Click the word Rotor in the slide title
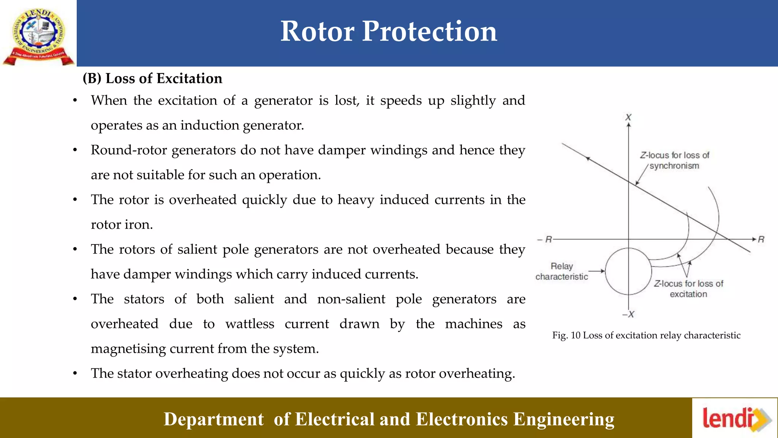click(318, 31)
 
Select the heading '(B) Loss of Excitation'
click(152, 78)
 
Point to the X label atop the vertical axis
click(629, 117)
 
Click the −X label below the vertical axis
click(628, 314)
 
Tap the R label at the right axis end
click(761, 240)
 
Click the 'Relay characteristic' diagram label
click(561, 271)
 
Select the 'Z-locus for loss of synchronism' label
click(674, 160)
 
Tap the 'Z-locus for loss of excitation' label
click(688, 289)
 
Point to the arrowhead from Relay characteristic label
click(602, 271)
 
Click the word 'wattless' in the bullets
click(250, 324)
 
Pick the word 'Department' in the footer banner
click(213, 419)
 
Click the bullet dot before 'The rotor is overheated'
click(75, 200)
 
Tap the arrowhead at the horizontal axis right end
click(754, 239)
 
